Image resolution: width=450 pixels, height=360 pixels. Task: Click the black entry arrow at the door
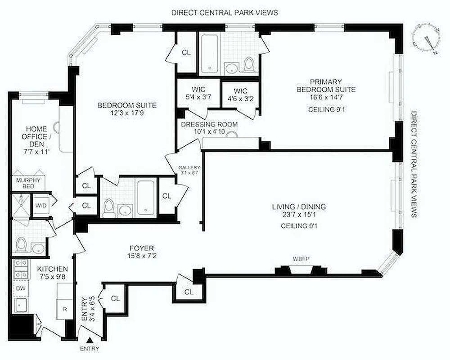tap(90, 341)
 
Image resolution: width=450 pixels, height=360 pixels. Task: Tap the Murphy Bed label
tap(28, 183)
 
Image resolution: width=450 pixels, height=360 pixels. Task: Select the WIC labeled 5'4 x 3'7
tap(198, 92)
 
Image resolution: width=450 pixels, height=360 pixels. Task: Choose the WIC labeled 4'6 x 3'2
tap(240, 92)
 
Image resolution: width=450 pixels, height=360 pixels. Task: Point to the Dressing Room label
tap(209, 124)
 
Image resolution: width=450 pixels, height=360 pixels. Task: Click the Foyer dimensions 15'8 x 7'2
tap(142, 257)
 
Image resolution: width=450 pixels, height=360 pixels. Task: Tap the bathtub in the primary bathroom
tap(210, 53)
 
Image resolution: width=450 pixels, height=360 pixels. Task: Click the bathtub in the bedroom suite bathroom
tap(144, 197)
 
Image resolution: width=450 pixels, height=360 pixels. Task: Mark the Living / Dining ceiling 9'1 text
tap(299, 226)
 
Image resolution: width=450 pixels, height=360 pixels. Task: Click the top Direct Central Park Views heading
tap(225, 12)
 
